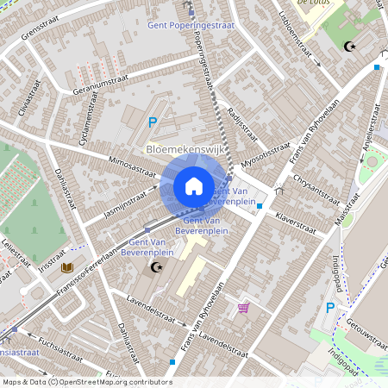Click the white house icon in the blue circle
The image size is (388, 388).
pos(194,186)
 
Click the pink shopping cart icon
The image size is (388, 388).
pos(243,307)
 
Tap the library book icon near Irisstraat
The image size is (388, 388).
pos(67,268)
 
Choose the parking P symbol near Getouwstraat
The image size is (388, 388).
pos(330,308)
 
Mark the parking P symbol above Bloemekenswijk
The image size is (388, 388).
pos(153,122)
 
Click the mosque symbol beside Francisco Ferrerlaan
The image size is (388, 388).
pos(156,268)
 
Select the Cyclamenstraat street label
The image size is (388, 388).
pos(86,126)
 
